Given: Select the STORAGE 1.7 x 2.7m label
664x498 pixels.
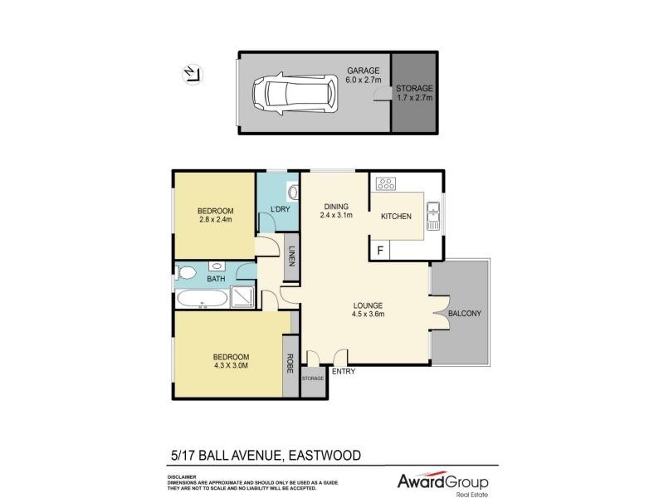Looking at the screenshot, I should coord(413,93).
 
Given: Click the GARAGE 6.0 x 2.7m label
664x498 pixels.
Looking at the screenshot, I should coord(363,76).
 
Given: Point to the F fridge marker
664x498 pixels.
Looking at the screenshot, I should coord(381,249).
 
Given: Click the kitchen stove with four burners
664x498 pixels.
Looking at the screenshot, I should coord(387,184).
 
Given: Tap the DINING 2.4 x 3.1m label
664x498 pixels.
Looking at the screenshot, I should coord(336,211).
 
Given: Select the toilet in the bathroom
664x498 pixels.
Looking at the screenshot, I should coord(186,272).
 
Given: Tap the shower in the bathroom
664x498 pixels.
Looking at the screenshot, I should coord(242,297).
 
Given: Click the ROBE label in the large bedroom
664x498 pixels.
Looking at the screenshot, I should coord(290,363).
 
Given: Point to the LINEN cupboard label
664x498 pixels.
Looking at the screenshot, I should coord(291,256).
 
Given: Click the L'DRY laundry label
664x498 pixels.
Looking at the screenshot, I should coord(280,209).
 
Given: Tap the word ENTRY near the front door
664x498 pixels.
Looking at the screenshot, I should coord(344,371).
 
